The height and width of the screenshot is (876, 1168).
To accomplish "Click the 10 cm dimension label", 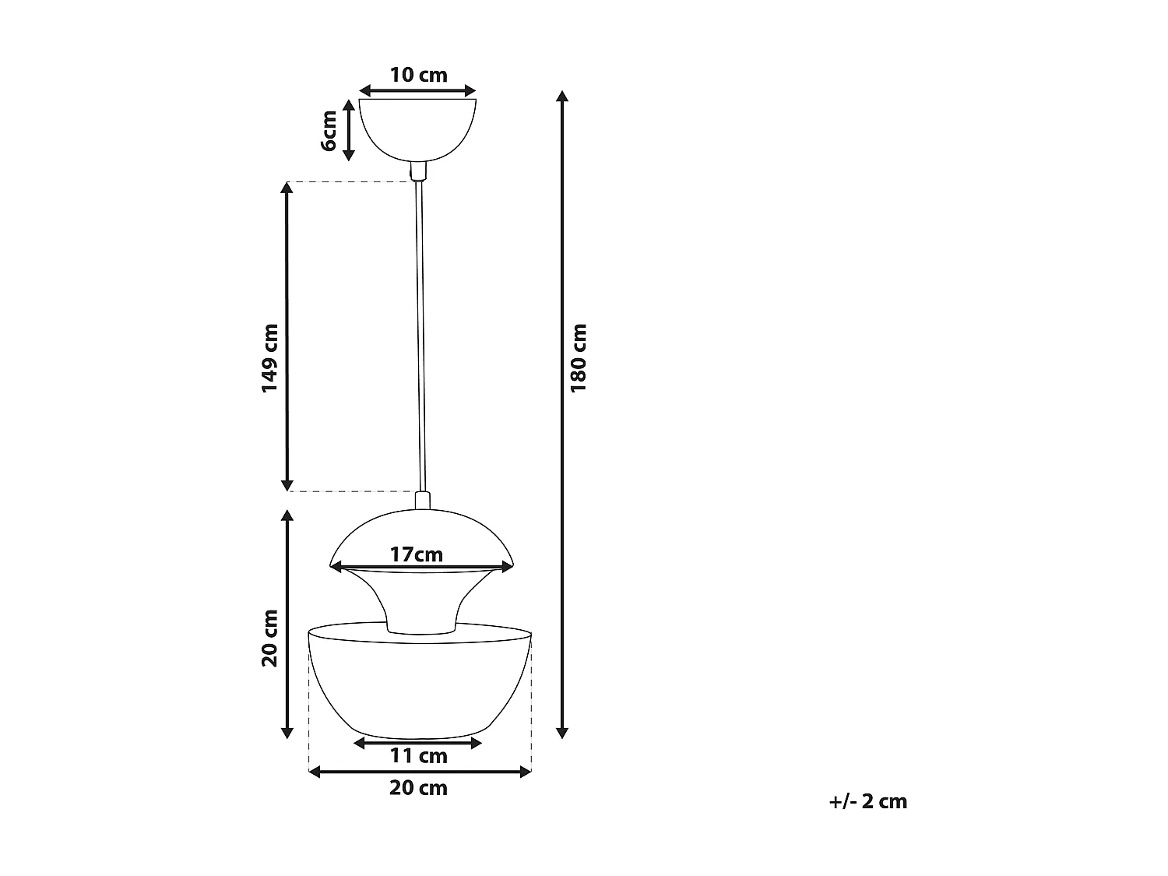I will coord(418,75).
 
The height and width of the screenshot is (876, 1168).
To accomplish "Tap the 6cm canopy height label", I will coord(329,131).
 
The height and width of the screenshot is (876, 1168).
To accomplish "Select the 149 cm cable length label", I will coord(270,357).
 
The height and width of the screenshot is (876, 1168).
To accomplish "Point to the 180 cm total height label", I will coord(579,357).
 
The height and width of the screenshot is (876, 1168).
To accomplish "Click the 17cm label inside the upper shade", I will coord(417,554).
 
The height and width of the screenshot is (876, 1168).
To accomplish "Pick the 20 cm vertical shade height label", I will coord(270,638).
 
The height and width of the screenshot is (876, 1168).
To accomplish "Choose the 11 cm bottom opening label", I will coord(418,755).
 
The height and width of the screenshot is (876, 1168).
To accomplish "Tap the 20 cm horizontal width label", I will coord(418,788).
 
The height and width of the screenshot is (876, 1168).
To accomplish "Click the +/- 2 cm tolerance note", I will coord(868,801).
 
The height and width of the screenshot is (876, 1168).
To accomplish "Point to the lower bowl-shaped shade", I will coord(420,685).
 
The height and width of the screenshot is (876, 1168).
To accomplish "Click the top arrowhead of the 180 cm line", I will coord(562,97).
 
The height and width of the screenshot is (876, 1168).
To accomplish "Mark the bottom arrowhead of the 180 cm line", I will coord(562,733).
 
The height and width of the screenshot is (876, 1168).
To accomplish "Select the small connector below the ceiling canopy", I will coord(419,171).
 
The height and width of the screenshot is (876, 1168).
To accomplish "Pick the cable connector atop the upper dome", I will coord(423,501).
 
